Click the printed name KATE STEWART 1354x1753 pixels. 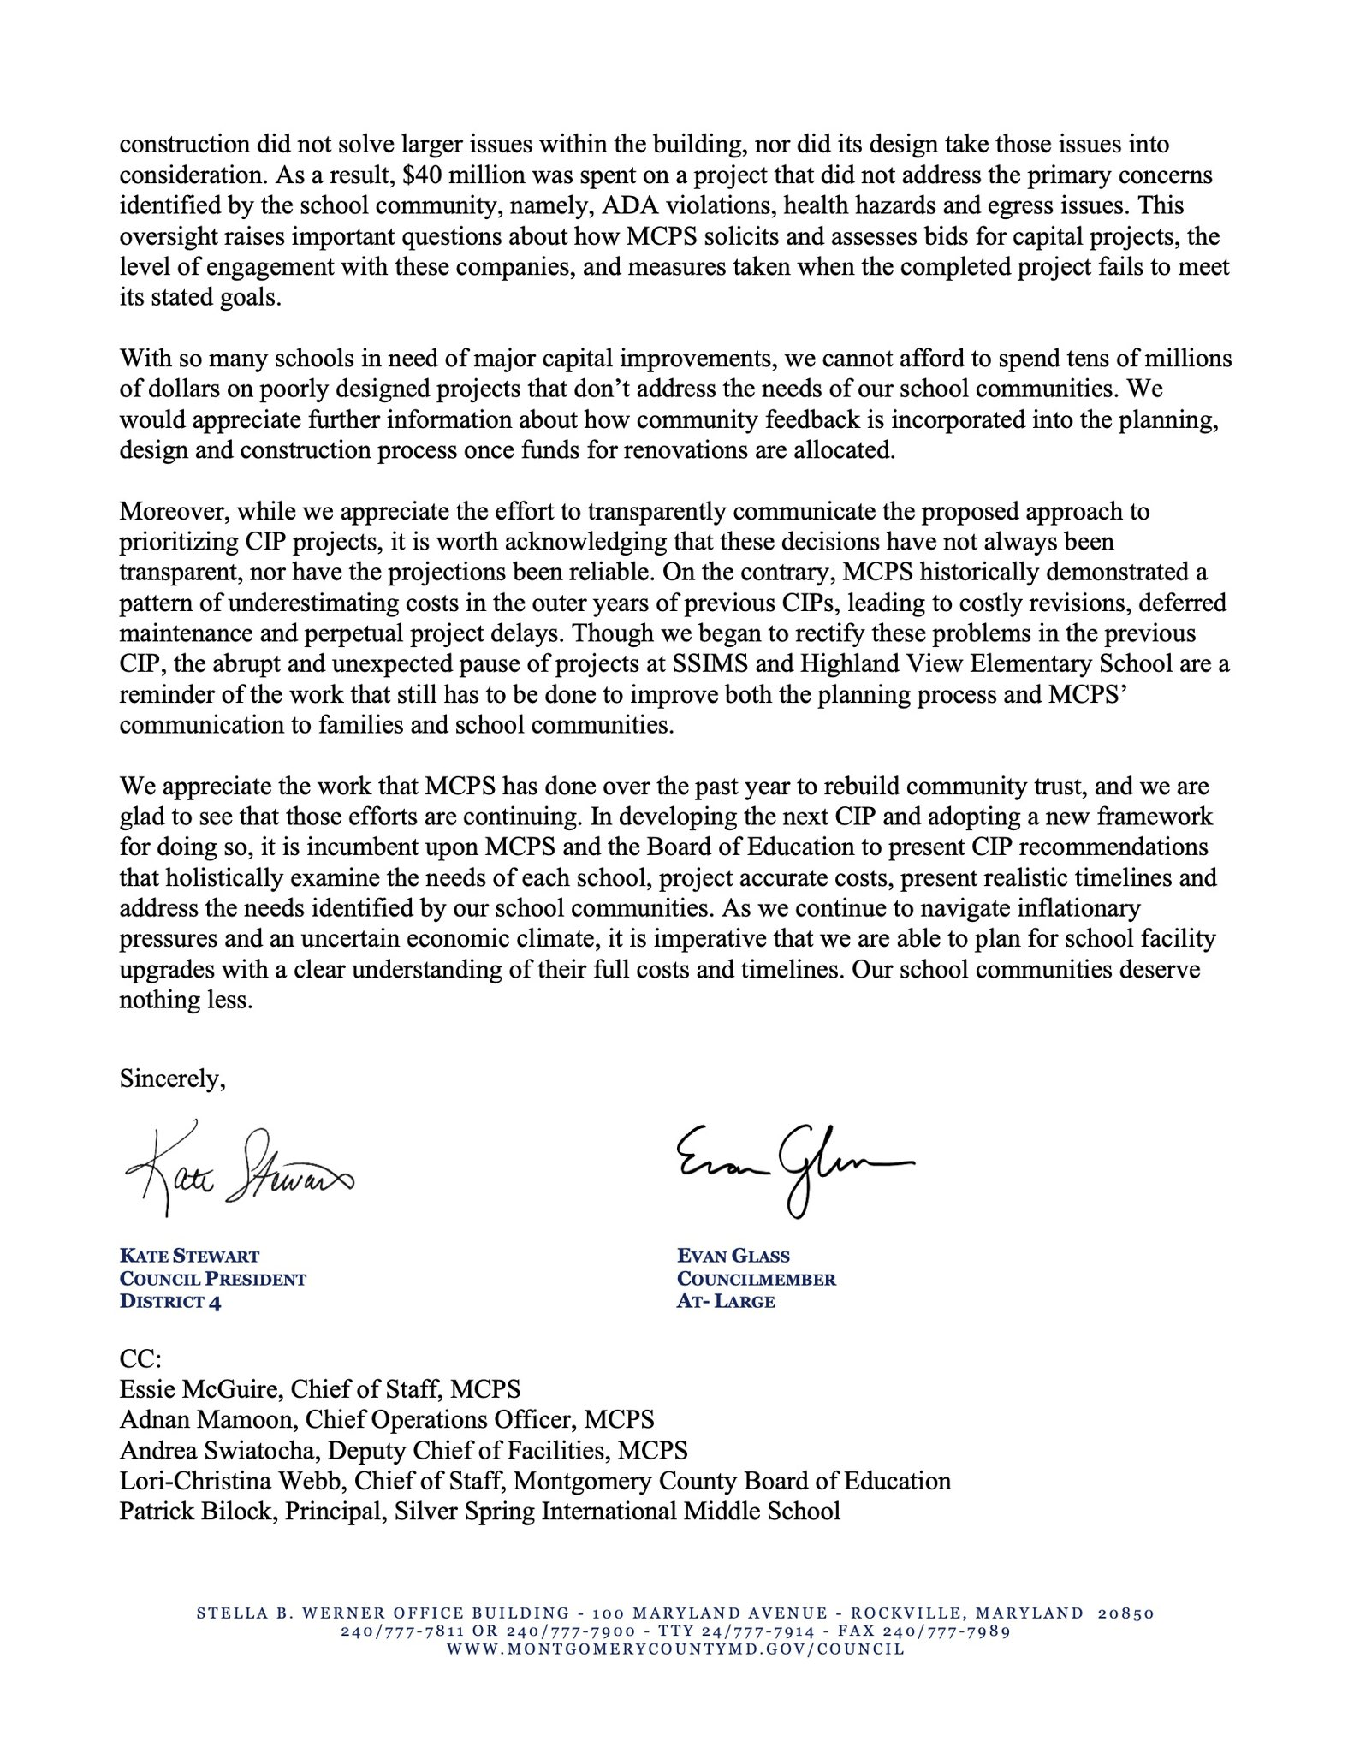tap(189, 1257)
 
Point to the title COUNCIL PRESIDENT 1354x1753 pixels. tap(212, 1280)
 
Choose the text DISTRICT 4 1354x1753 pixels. tap(170, 1302)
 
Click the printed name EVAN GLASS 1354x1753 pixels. tap(733, 1257)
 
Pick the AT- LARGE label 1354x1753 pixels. tap(726, 1302)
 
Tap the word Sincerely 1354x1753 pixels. tap(172, 1079)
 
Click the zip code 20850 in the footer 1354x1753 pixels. tap(1125, 1613)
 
